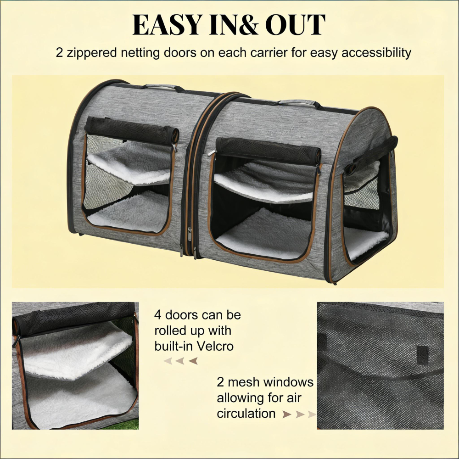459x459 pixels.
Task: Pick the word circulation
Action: click(246, 413)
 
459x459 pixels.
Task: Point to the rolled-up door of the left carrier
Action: click(131, 126)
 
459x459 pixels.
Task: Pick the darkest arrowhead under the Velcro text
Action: click(193, 361)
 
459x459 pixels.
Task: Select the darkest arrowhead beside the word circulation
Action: click(287, 414)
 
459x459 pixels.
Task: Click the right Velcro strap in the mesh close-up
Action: click(422, 353)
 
